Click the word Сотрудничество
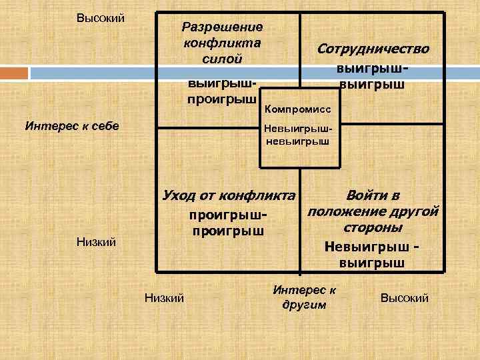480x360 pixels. (x=373, y=49)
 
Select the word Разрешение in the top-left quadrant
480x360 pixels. (x=223, y=27)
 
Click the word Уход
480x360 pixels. (x=177, y=196)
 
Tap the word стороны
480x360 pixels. (x=372, y=228)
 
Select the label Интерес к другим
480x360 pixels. (x=305, y=297)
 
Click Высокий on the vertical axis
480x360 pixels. (x=101, y=17)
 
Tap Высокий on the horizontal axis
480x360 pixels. (x=404, y=297)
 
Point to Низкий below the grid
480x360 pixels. (x=164, y=297)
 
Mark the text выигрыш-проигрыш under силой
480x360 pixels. (x=221, y=93)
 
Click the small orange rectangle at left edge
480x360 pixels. (x=13, y=72)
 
